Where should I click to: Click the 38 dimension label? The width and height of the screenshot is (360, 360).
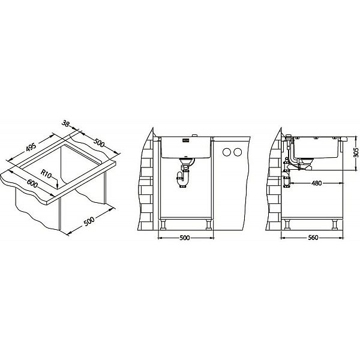[x=65, y=124]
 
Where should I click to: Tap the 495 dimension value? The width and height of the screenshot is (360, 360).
[x=31, y=147]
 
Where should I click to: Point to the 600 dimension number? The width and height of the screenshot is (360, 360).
[x=32, y=183]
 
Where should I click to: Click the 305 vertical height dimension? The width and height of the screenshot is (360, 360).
[x=356, y=152]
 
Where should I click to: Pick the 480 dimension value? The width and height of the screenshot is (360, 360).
[x=316, y=183]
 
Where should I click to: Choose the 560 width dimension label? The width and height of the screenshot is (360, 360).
[x=313, y=238]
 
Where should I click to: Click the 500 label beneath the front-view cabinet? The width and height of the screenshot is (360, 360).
[x=184, y=238]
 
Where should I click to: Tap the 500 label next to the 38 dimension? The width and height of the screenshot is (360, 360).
[x=99, y=143]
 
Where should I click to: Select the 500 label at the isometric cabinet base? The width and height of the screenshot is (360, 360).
[x=89, y=221]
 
